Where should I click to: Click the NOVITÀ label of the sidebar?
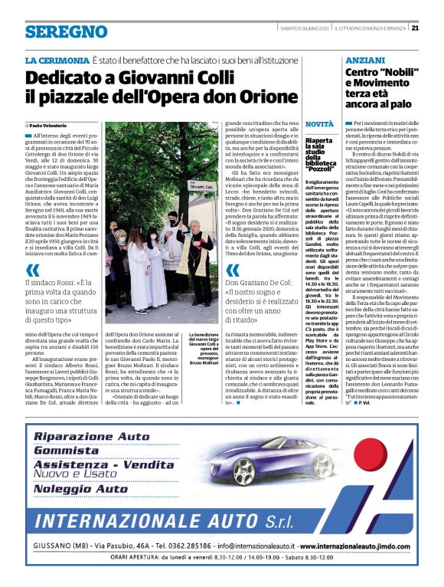[318, 123]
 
